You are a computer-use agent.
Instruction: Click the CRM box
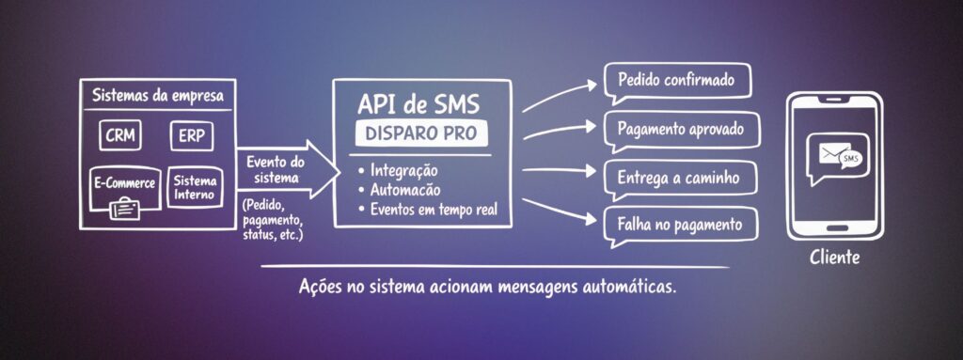[x=120, y=135]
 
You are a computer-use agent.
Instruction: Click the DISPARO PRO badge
[x=420, y=133]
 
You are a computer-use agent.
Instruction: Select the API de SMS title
[x=420, y=102]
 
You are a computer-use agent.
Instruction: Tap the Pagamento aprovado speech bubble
[x=682, y=128]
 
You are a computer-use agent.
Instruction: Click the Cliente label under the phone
[x=834, y=256]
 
